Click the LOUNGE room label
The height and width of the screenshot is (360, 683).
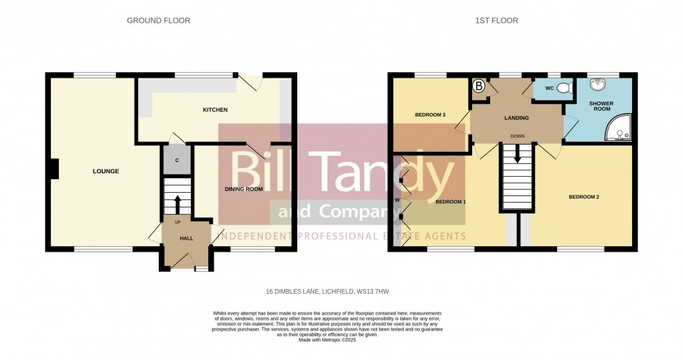click(106, 171)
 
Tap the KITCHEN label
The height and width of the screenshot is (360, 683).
click(216, 110)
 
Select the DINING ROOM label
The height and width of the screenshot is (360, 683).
click(244, 189)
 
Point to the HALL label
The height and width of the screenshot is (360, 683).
click(186, 238)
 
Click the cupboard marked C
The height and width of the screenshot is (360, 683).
click(177, 160)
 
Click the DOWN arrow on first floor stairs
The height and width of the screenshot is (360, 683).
click(517, 156)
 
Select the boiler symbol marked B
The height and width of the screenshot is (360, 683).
click(479, 86)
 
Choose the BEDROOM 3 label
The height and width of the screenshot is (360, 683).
click(431, 114)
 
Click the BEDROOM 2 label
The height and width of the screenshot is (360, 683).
click(583, 197)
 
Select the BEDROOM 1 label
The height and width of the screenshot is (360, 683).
click(451, 201)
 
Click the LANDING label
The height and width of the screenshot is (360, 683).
click(516, 118)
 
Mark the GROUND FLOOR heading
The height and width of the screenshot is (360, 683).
click(159, 21)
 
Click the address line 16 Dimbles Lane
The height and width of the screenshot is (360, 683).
click(327, 292)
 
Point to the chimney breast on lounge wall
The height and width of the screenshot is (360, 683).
click(54, 169)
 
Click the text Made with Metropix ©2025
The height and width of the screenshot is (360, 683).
click(327, 340)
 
